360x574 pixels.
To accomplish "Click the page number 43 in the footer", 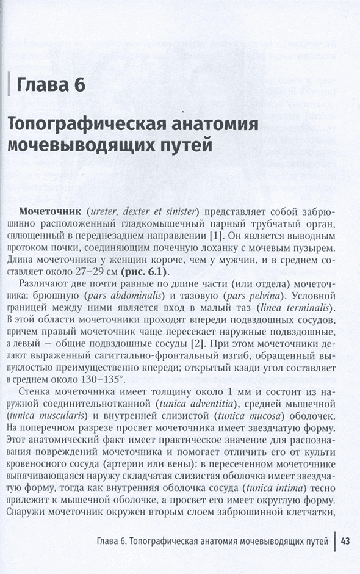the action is pos(345,540).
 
